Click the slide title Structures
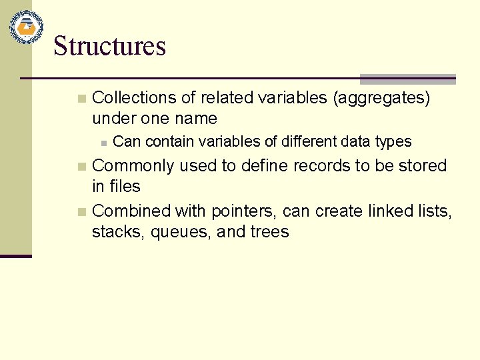[x=109, y=46]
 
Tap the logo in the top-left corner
[x=26, y=27]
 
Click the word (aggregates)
[x=381, y=98]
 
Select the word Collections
[x=134, y=98]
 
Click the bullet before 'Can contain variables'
[x=103, y=142]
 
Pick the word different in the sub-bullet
[x=311, y=141]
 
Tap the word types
[x=393, y=142]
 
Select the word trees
[x=269, y=232]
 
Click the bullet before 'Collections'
[x=81, y=99]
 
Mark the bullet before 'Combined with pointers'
[x=81, y=212]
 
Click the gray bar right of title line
[x=407, y=79]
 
